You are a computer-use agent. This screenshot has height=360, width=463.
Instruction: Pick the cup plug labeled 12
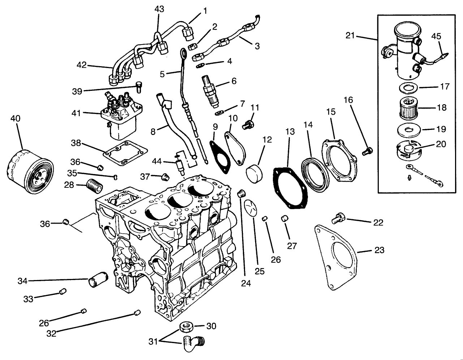tap(254, 172)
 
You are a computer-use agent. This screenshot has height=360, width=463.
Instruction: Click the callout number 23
tap(379, 250)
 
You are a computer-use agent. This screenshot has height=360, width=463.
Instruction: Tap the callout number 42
tap(82, 65)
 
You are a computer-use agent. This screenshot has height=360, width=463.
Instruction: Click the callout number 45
tap(436, 36)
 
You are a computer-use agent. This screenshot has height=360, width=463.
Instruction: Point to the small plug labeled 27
tap(284, 219)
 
